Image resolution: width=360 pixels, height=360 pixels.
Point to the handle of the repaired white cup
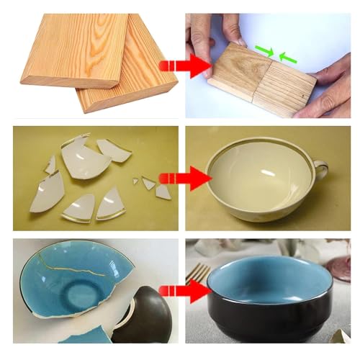320,173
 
